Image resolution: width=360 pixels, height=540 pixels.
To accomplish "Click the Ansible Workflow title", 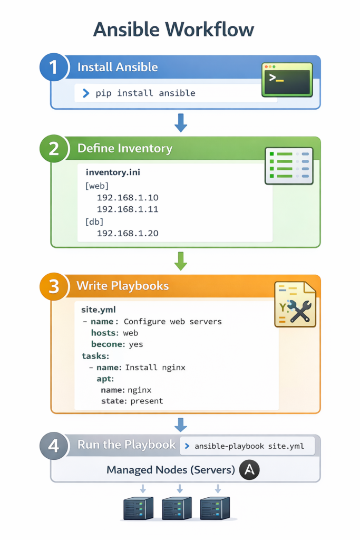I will pos(173,29).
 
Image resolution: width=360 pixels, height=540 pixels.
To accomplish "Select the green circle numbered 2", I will pos(54,149).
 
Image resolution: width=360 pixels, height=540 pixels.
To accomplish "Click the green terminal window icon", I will pos(287,80).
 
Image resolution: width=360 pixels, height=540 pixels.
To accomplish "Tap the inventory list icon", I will pos(288,166).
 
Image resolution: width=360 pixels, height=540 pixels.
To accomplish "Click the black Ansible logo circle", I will pos(249,469).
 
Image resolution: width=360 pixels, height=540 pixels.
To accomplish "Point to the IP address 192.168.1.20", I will pos(128,233).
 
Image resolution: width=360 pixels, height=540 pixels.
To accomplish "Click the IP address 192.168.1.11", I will pos(128,209).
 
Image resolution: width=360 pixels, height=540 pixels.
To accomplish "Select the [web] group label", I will pos(96,186).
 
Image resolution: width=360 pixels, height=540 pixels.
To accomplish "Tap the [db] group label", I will pos(94,221).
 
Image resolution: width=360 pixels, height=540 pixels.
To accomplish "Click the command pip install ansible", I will pos(145,93).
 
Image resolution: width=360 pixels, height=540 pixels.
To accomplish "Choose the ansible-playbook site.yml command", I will pos(249,446).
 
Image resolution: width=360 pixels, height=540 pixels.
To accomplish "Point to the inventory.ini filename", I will pos(113,172).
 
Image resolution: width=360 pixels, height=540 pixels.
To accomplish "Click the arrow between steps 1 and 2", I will pos(180,122).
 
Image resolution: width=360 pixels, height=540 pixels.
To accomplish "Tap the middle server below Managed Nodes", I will pos(177,508).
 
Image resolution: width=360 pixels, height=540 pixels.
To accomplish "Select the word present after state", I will pos(147,401).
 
